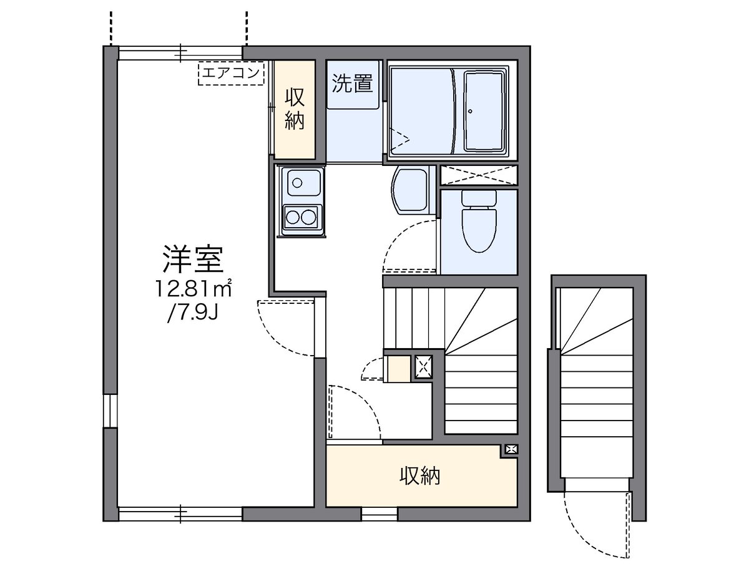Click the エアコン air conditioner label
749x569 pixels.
tap(231, 73)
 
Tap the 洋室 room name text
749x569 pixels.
tap(193, 259)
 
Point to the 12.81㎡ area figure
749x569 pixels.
tap(194, 288)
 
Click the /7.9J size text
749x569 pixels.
tap(193, 313)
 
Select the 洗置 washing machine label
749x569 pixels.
tap(353, 83)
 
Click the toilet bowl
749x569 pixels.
tap(479, 230)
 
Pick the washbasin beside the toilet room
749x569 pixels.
tap(411, 190)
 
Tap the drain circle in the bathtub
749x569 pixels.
tap(471, 112)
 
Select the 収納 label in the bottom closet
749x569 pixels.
tap(420, 476)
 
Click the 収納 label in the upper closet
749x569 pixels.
tap(295, 109)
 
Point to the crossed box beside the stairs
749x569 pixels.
tap(423, 367)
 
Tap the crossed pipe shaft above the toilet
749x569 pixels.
tap(479, 175)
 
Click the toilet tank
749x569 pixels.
tap(479, 198)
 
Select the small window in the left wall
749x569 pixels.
tap(110, 412)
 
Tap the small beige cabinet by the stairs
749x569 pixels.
tap(399, 369)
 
